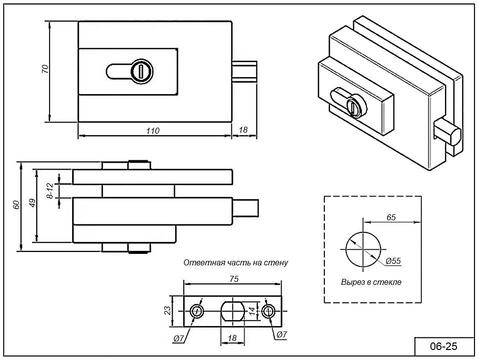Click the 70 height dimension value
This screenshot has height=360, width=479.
tap(45, 69)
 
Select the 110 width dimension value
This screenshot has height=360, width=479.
tap(153, 131)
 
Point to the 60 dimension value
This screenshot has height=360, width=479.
tap(17, 205)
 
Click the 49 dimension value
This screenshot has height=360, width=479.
tap(32, 203)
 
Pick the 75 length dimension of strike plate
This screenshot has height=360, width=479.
tap(234, 279)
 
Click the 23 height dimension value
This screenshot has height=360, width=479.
tap(168, 310)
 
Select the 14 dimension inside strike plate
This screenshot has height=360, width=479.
tap(252, 311)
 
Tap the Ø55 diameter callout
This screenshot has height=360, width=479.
tap(393, 261)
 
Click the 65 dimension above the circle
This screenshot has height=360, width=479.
tap(391, 217)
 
